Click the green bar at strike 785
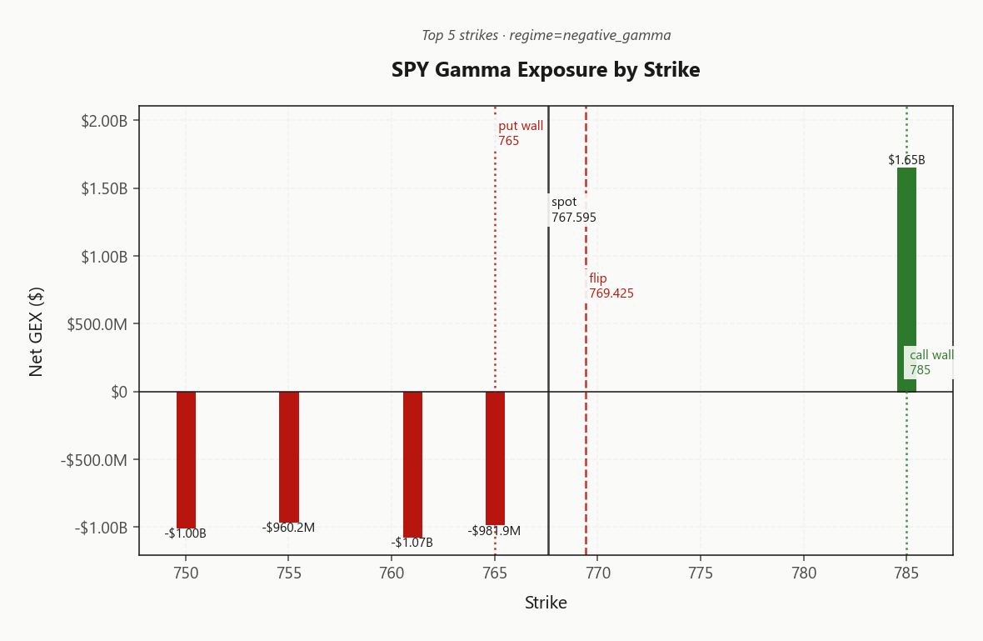pyautogui.click(x=906, y=280)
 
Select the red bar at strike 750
pyautogui.click(x=187, y=460)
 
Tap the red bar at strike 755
pyautogui.click(x=289, y=458)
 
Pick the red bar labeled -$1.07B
pyautogui.click(x=412, y=465)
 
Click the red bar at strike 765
pyautogui.click(x=496, y=458)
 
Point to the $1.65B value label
pyautogui.click(x=906, y=160)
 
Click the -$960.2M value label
pyautogui.click(x=288, y=528)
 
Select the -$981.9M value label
pyautogui.click(x=494, y=531)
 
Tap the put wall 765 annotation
pyautogui.click(x=521, y=133)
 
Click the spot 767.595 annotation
pyautogui.click(x=574, y=209)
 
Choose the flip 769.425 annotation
pyautogui.click(x=611, y=285)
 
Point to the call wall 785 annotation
pyautogui.click(x=931, y=363)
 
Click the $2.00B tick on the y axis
pyautogui.click(x=104, y=120)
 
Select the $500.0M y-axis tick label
pyautogui.click(x=97, y=324)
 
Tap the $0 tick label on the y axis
pyautogui.click(x=119, y=392)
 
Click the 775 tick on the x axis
pyautogui.click(x=701, y=573)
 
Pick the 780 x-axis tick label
pyautogui.click(x=804, y=573)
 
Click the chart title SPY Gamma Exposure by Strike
pyautogui.click(x=546, y=69)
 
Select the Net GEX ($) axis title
pyautogui.click(x=36, y=331)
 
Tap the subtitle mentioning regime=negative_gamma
pyautogui.click(x=546, y=35)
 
